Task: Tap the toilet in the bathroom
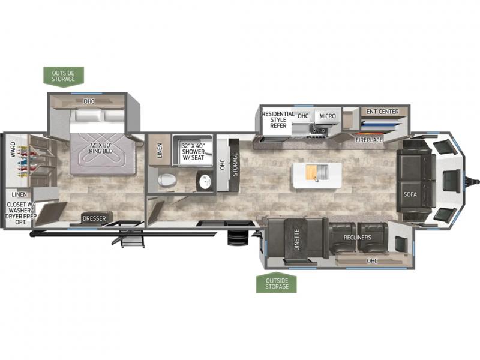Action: [x=167, y=180]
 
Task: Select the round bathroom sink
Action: [x=205, y=182]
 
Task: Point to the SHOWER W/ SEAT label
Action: [x=193, y=152]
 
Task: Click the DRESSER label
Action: [x=94, y=218]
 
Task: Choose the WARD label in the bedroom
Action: [x=13, y=149]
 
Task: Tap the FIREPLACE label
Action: [x=369, y=140]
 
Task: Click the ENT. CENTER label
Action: [x=383, y=112]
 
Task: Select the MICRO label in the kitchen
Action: [x=328, y=116]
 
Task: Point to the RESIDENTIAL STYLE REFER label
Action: [x=278, y=119]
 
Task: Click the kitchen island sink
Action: [x=317, y=172]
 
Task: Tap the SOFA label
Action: [x=410, y=194]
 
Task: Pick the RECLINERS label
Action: [x=357, y=237]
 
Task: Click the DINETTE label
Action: [x=296, y=239]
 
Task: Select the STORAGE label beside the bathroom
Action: [x=235, y=164]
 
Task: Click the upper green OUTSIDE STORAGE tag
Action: [x=64, y=77]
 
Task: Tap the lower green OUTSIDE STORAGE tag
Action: [x=277, y=283]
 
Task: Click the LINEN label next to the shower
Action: [x=160, y=151]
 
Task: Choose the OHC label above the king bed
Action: [x=89, y=101]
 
